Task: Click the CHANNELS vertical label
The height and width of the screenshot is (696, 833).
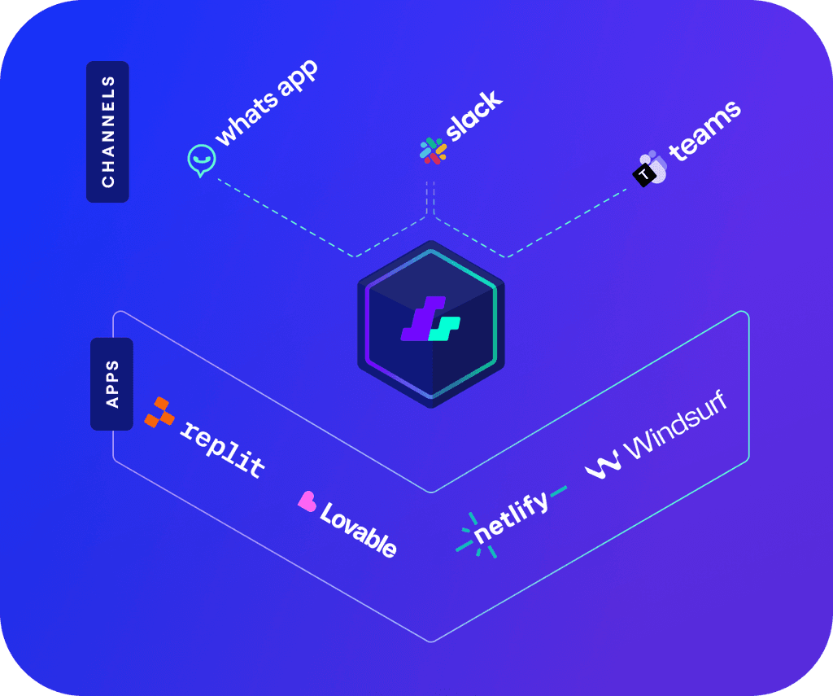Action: tap(108, 132)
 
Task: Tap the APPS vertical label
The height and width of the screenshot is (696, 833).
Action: tap(111, 383)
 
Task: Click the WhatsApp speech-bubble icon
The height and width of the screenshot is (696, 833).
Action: tap(202, 160)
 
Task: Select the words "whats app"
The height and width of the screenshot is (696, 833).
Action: tap(267, 103)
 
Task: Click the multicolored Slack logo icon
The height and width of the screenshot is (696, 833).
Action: tap(433, 151)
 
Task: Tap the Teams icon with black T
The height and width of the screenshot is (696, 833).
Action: tap(650, 168)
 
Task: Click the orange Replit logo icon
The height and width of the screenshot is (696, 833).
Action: tap(159, 413)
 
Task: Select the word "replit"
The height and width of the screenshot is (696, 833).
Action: tap(222, 449)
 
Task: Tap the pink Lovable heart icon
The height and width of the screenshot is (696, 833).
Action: tap(307, 501)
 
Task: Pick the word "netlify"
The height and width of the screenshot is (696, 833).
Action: tap(511, 517)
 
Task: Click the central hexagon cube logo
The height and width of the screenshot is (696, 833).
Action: tap(431, 324)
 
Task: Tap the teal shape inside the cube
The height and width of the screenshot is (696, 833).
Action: tap(444, 328)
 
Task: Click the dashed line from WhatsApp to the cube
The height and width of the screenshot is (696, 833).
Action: tap(285, 217)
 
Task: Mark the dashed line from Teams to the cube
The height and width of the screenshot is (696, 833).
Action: tap(569, 221)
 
